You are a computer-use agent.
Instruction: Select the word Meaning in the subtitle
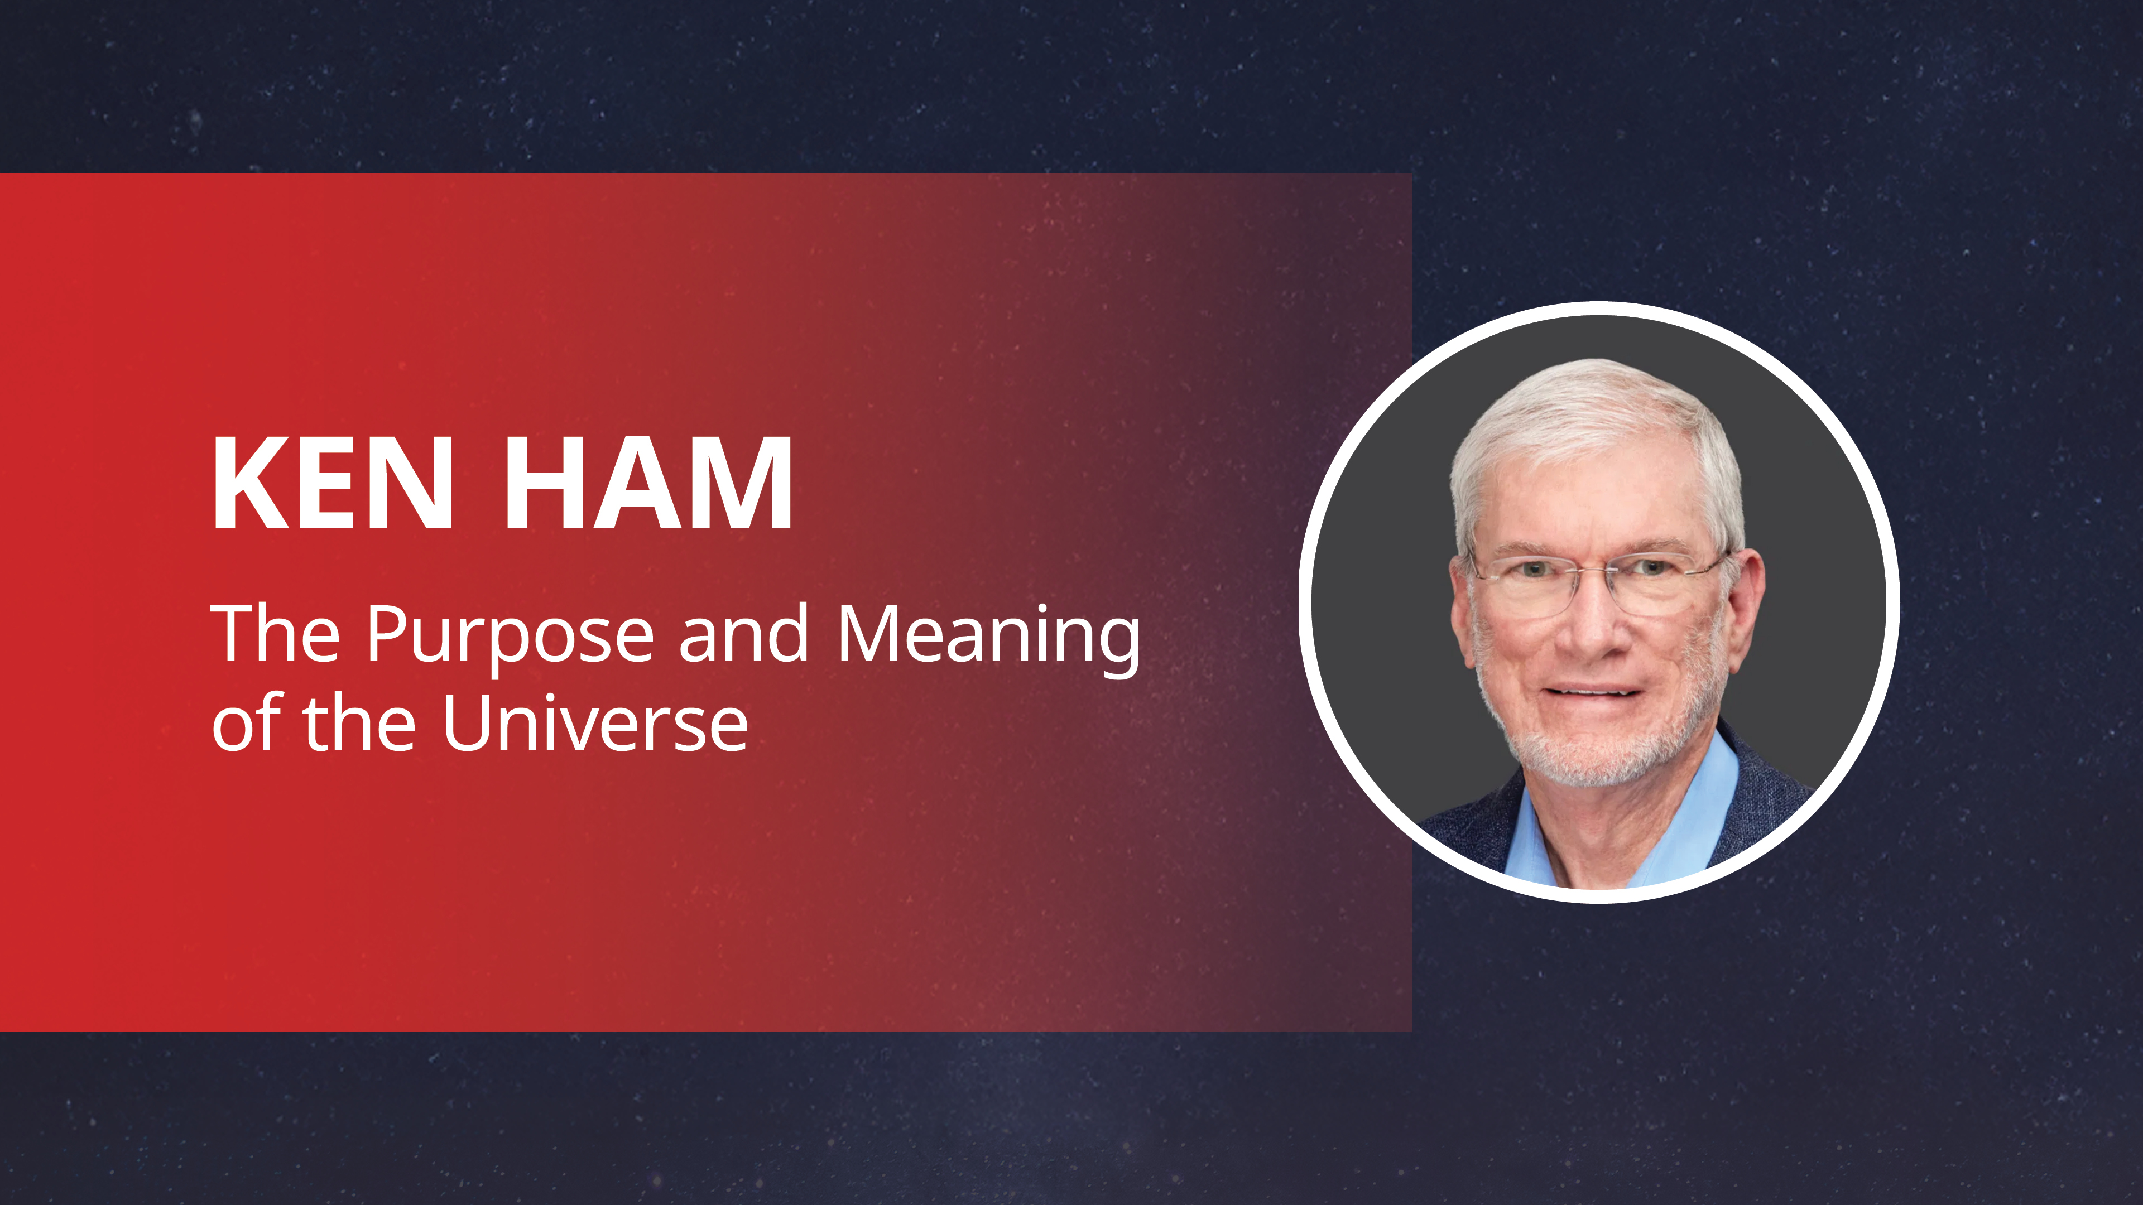[988, 636]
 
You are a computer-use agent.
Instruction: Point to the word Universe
[595, 724]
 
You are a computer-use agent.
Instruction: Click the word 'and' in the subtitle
[743, 634]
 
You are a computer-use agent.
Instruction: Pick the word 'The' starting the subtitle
[275, 634]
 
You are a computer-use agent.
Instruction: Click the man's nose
[1591, 632]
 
